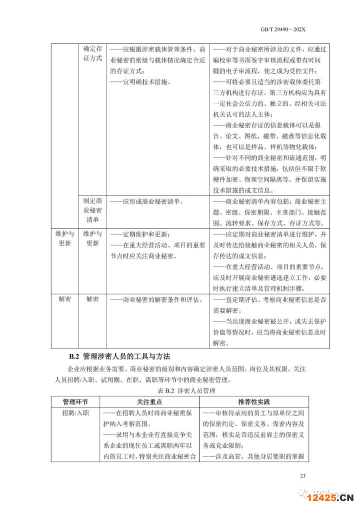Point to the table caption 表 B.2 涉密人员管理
[180, 390]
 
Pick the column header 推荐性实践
[254, 401]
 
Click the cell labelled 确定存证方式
[92, 53]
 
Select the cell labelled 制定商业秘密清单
[92, 210]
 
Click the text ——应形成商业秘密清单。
[146, 201]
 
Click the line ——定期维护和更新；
[139, 234]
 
